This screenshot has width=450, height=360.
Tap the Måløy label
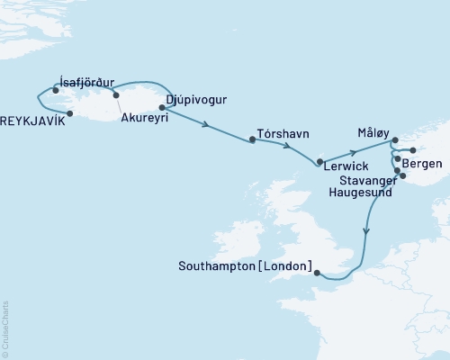point(372,130)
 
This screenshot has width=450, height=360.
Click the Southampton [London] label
point(246,266)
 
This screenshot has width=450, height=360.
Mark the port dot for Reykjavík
point(70,114)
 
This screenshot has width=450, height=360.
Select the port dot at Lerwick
point(319,162)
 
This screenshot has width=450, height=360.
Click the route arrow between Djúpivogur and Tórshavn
point(208,124)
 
